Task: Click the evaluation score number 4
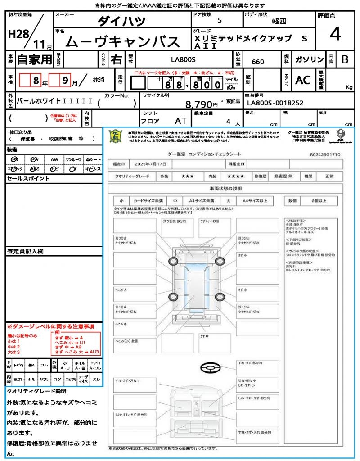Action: [x=334, y=35]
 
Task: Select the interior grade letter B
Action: [x=345, y=59]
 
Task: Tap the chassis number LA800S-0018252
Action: [x=275, y=103]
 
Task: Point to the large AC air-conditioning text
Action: [x=303, y=80]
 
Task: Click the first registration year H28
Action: [x=18, y=34]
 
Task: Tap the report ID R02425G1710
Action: [x=325, y=154]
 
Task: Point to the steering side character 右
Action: [x=117, y=59]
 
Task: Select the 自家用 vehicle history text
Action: [x=35, y=59]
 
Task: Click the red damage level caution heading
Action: [x=50, y=326]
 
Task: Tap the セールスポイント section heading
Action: [x=28, y=179]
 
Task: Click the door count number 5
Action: [x=219, y=21]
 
